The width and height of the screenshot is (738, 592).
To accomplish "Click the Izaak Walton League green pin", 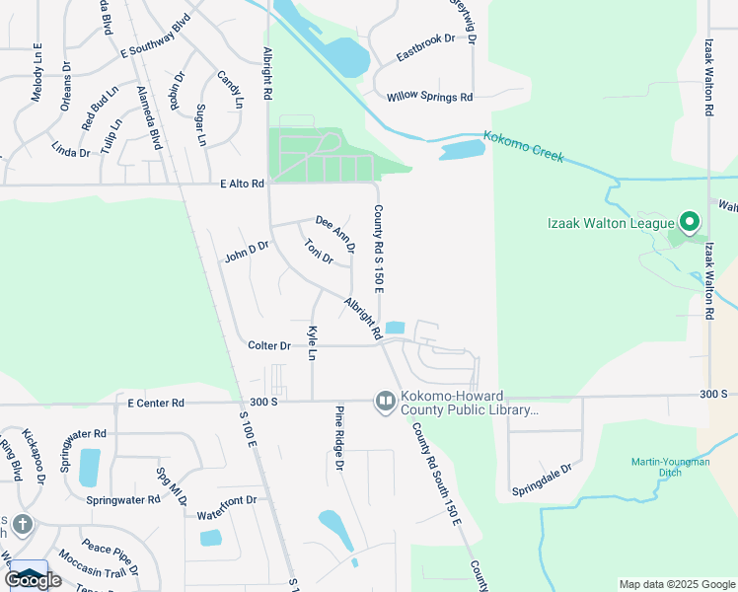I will (690, 222).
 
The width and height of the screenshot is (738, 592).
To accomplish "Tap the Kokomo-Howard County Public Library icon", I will (385, 402).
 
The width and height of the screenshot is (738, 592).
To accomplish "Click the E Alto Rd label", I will (243, 184).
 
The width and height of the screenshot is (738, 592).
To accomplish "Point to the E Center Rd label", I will (156, 403).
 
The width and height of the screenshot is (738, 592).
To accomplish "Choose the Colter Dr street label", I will (269, 346).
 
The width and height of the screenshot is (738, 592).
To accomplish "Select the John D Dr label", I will (247, 253).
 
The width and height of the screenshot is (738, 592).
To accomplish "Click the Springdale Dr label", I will (542, 480).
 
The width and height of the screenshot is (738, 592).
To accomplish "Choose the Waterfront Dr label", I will (226, 500).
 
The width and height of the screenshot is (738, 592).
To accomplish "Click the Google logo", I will (33, 580).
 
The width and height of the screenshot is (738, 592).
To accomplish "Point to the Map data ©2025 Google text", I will (677, 584).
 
